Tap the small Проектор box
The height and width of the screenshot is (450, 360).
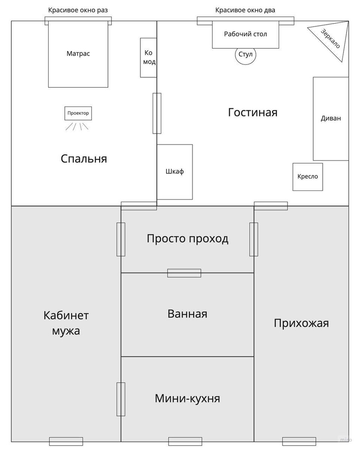pos(78,113)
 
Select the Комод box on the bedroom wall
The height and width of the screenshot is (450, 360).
pos(148,57)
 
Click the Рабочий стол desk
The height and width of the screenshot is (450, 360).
pos(246,34)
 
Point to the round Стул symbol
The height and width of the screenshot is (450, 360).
pos(246,55)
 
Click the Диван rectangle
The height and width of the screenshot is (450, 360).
pos(331,118)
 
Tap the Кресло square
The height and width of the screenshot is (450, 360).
pos(307,176)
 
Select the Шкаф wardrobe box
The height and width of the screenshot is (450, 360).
pos(175,172)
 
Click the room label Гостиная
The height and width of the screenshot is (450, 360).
pos(253,112)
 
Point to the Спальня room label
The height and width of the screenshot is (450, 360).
pos(84,159)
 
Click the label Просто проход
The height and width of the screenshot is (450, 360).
pos(187,238)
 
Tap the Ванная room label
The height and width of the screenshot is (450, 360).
pos(187,313)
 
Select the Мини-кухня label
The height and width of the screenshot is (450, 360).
pos(187,398)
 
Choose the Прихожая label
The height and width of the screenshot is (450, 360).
pos(301,323)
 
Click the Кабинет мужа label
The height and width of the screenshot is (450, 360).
pos(66,323)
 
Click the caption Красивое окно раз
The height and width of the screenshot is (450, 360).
pos(78,10)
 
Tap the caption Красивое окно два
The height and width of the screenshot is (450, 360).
pos(245,10)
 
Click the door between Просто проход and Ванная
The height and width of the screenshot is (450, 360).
pos(184,273)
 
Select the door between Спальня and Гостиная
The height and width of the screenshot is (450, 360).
pos(157,113)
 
